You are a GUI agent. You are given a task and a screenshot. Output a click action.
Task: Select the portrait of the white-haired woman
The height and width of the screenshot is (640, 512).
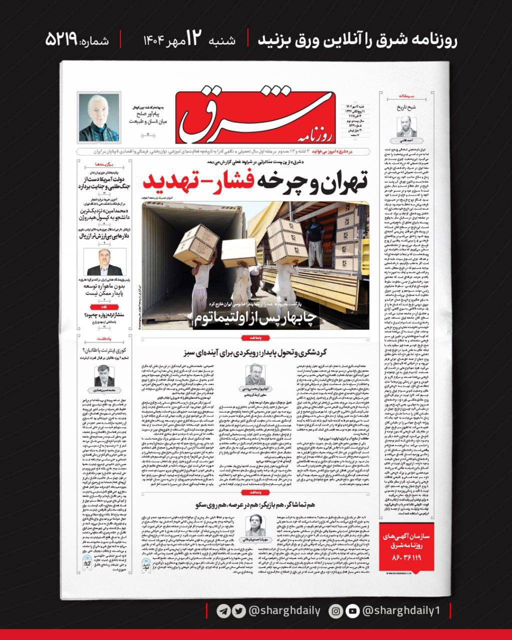99,118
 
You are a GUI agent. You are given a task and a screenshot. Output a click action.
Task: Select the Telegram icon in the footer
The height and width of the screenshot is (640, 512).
223,611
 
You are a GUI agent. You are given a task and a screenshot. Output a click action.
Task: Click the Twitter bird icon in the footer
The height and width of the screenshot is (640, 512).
238,611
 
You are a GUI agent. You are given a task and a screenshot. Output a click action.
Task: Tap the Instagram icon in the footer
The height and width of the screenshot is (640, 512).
336,611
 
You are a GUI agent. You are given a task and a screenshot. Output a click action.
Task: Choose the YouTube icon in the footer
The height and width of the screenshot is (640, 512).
352,611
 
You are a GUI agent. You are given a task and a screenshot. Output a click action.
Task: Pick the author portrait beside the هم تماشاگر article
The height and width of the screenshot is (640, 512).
255,525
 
